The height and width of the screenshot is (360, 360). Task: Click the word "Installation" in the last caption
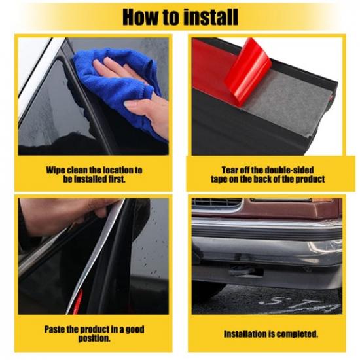(x=249, y=334)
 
